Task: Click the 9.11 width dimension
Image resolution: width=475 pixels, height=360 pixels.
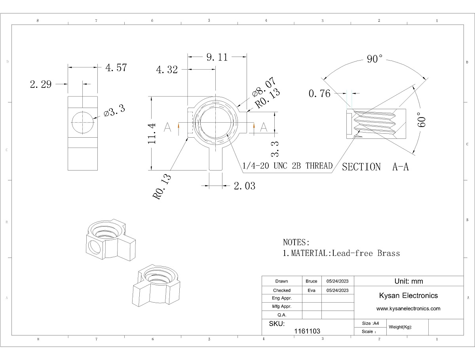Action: (217, 57)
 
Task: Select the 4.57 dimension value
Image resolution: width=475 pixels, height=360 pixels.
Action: (116, 68)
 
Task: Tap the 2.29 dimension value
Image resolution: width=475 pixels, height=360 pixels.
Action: (41, 84)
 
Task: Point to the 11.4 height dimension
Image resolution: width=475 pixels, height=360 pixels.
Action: (153, 133)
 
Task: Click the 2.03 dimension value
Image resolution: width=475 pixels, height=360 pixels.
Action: (245, 186)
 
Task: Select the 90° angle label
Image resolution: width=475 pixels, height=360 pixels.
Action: (374, 59)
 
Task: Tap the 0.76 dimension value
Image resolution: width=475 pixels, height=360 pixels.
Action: (319, 94)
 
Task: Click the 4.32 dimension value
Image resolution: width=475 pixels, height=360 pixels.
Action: (167, 70)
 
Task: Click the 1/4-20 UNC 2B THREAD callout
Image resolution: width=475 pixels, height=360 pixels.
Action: (287, 166)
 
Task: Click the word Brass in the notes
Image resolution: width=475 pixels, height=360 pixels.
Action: (388, 253)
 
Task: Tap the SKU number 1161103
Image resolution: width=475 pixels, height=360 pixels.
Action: (307, 331)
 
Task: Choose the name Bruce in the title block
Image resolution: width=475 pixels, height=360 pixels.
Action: (312, 281)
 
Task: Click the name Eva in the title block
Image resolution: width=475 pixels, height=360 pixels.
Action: (312, 290)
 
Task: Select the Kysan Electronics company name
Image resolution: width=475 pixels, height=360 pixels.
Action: (408, 296)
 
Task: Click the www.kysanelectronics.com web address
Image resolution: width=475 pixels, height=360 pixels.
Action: (408, 309)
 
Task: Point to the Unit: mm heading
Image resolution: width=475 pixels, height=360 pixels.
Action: (408, 281)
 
